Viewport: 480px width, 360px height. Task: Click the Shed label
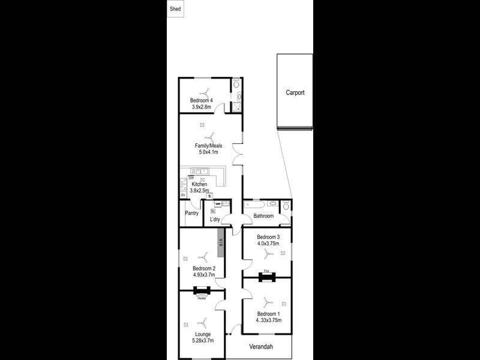coord(175,10)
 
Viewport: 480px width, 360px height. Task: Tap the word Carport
coord(295,93)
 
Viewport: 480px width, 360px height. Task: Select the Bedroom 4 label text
coord(202,100)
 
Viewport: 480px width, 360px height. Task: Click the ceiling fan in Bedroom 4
coord(206,92)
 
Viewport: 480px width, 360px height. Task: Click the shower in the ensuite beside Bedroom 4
coord(236,107)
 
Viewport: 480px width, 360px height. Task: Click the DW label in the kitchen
coord(191,178)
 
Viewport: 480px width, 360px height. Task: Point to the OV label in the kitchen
coord(183,196)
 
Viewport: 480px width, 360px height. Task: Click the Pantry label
coord(192,212)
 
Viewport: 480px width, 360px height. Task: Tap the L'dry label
coord(214,220)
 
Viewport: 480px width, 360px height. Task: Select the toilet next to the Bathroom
coord(286,206)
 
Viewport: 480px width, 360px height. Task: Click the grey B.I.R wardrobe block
coord(221,242)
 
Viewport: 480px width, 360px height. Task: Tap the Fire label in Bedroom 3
coord(267,272)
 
